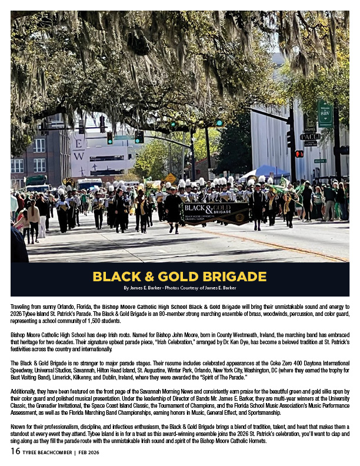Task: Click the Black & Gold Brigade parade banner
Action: point(215,214)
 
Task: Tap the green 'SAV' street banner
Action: point(325,113)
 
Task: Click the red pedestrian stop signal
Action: point(299,154)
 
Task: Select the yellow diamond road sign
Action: point(170,177)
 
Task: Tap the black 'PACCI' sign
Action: point(310,137)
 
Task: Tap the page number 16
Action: point(15,451)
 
